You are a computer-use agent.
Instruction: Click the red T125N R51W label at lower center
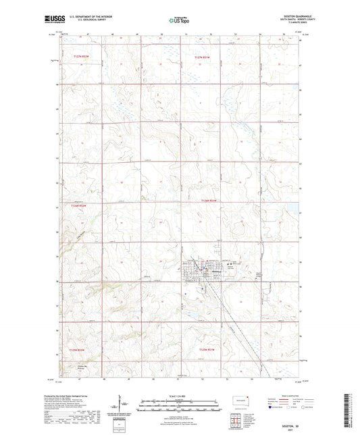(209, 349)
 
